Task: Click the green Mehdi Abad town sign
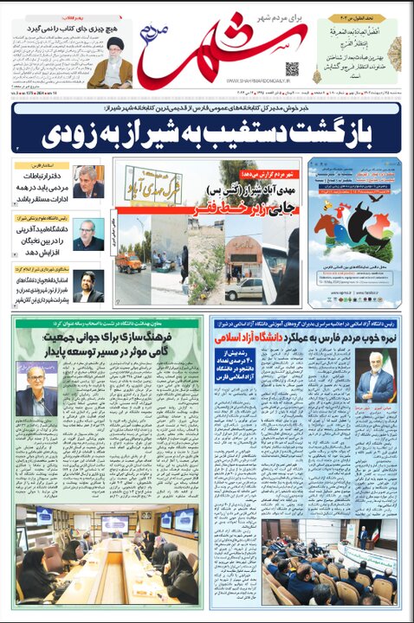144,186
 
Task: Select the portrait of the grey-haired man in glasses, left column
87,183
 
